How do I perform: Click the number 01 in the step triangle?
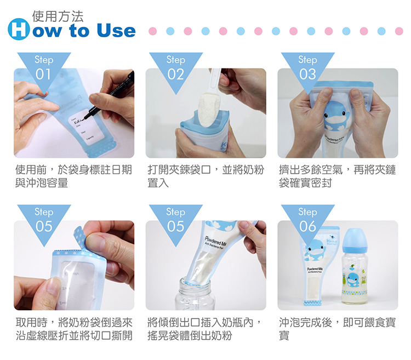click(x=43, y=74)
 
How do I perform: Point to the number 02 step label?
click(x=175, y=74)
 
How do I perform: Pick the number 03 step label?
click(x=307, y=74)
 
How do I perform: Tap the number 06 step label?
click(x=307, y=226)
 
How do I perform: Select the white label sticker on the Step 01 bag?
click(x=81, y=127)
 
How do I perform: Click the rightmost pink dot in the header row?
click(x=399, y=31)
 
